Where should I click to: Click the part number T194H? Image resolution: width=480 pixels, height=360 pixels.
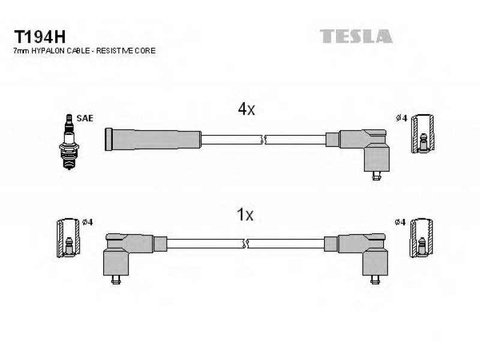tap(40, 37)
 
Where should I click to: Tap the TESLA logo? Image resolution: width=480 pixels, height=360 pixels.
tap(356, 36)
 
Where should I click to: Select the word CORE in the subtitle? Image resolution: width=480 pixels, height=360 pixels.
tap(145, 51)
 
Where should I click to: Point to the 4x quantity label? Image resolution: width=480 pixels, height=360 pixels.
tap(247, 109)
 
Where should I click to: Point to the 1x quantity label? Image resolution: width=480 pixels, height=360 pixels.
tap(245, 215)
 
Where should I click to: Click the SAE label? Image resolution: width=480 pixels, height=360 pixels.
tap(85, 118)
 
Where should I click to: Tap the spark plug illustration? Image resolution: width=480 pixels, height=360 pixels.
tap(69, 142)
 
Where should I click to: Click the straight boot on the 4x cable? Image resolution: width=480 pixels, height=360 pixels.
tap(153, 139)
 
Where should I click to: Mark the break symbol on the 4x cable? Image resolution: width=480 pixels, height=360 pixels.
tap(263, 140)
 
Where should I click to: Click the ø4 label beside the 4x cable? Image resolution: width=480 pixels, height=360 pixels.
tap(401, 118)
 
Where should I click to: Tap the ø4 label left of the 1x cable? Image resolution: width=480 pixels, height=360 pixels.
tap(87, 222)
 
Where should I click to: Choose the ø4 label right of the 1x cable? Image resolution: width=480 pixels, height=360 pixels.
tap(400, 222)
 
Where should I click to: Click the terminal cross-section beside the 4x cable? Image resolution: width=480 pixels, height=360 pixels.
tap(422, 133)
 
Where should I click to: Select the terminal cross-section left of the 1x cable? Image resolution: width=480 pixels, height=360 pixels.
tap(68, 238)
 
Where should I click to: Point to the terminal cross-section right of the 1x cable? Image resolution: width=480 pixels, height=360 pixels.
tap(422, 238)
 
